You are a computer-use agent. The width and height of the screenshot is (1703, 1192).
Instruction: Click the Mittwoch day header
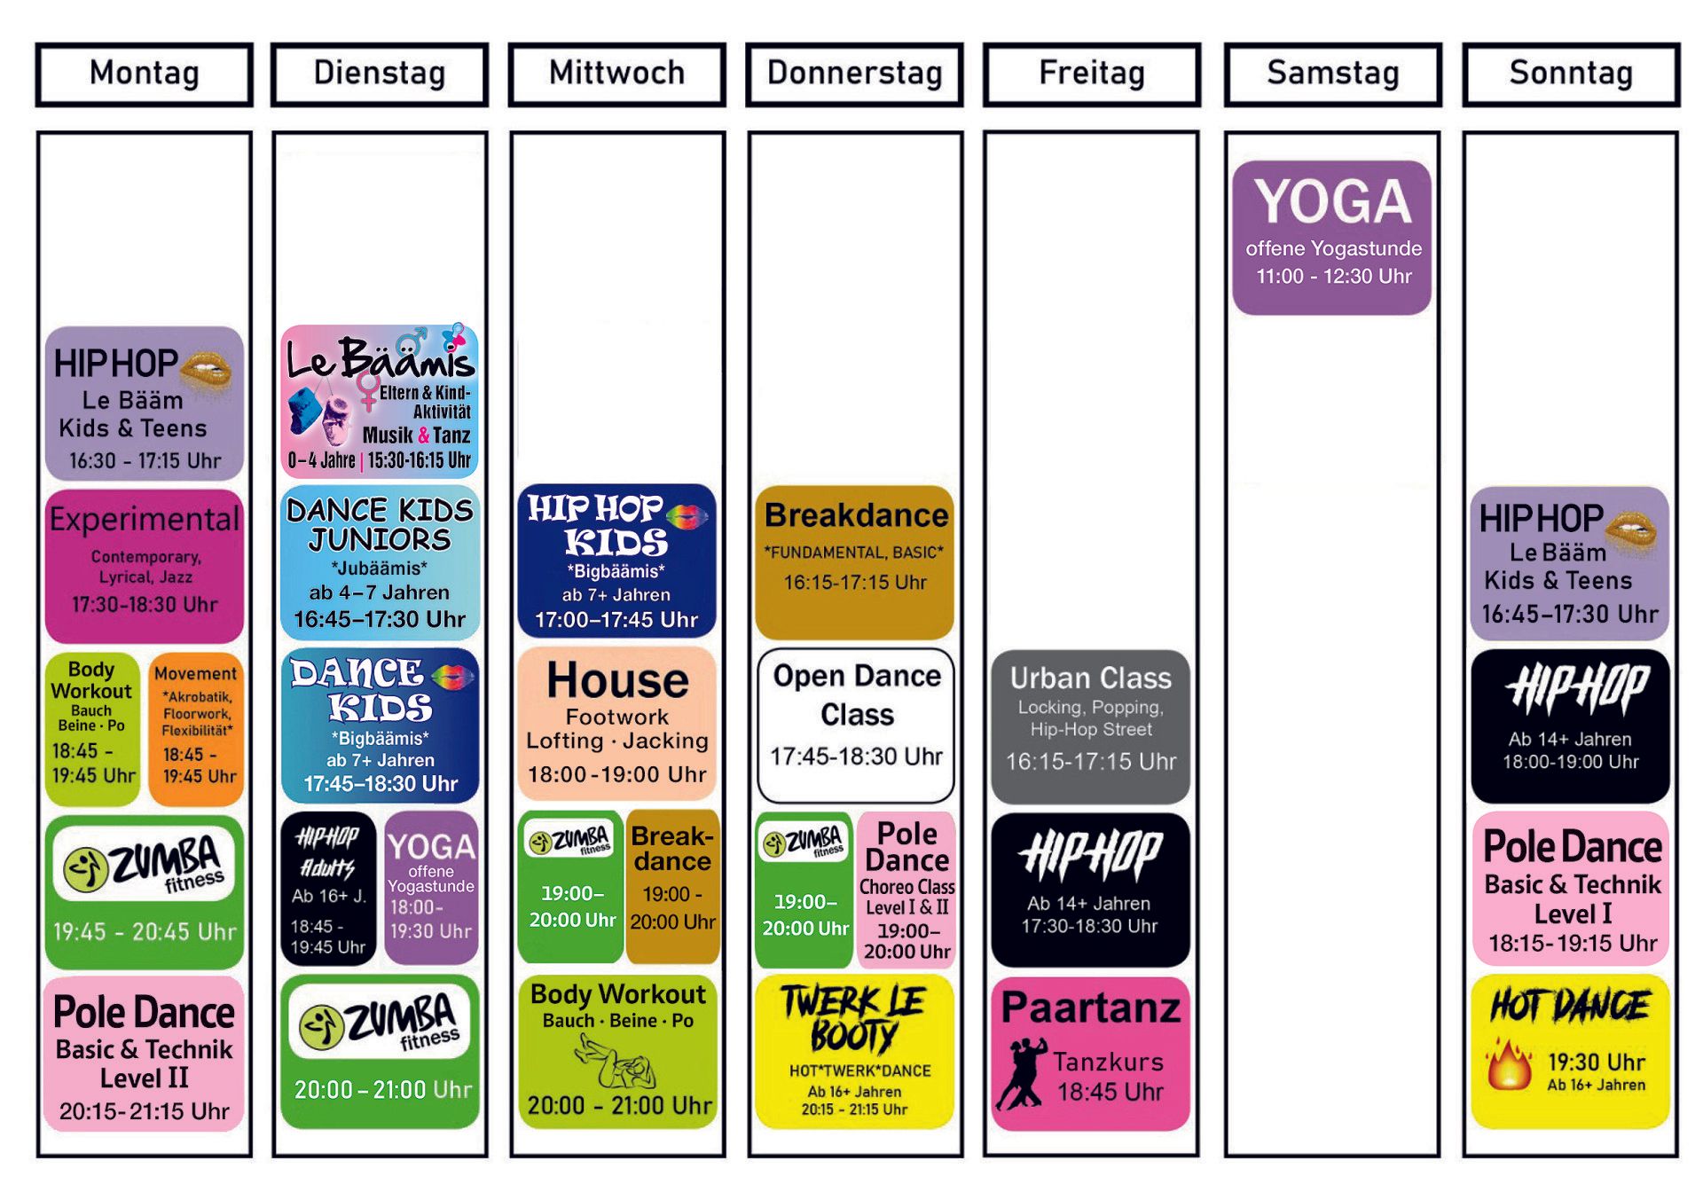[x=616, y=74]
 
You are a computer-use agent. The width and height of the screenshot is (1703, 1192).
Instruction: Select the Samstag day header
[x=1332, y=74]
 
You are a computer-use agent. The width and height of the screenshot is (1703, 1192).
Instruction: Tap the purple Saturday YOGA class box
[x=1331, y=237]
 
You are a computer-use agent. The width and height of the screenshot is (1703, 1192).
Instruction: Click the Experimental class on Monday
[x=145, y=566]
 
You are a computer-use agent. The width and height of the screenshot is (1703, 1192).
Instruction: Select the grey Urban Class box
[x=1090, y=725]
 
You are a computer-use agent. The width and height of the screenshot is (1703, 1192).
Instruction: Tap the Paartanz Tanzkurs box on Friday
[x=1090, y=1054]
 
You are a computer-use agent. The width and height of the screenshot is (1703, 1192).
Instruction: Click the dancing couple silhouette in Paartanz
[x=1022, y=1073]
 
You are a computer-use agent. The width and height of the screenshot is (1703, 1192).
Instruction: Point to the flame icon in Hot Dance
[x=1510, y=1067]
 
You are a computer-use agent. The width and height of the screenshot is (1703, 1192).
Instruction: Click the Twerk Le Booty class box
[x=854, y=1052]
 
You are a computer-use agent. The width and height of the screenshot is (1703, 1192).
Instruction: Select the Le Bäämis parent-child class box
[x=380, y=401]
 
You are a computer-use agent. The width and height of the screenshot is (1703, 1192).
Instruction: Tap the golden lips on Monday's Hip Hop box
[x=206, y=367]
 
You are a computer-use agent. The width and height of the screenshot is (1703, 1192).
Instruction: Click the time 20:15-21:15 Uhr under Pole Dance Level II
[x=145, y=1111]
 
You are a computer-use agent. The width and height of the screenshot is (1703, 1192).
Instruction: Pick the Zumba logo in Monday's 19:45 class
[x=145, y=864]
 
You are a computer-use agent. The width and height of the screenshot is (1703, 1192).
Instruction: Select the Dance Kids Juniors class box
[x=380, y=562]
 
